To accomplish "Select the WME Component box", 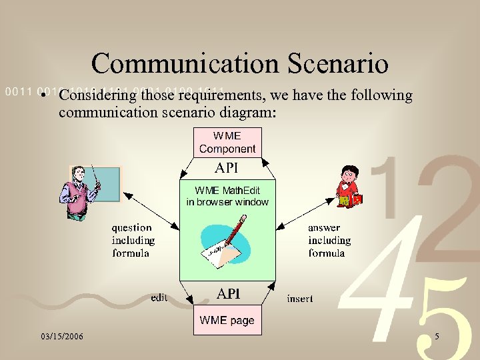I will (227, 142).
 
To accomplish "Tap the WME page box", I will (227, 321).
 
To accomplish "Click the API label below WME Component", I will (227, 167).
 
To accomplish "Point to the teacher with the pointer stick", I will (79, 193).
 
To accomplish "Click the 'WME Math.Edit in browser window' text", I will (227, 197).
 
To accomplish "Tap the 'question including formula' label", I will (133, 241).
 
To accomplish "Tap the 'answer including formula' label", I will (329, 241).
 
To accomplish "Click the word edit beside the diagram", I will (159, 298).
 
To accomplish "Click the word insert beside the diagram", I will (299, 299).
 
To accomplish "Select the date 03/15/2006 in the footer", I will (61, 337).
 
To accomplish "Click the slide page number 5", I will (437, 337).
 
